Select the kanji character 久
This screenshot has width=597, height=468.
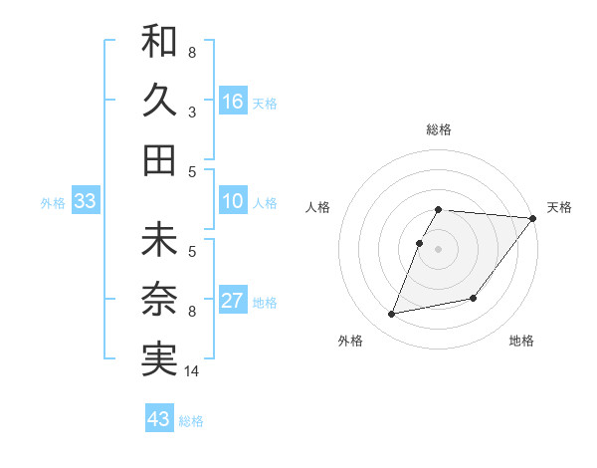pos(159,101)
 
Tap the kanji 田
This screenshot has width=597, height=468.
pos(159,160)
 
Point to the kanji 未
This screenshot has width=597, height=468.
pos(159,240)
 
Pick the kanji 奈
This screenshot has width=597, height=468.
pos(159,300)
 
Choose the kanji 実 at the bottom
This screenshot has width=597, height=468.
pos(159,359)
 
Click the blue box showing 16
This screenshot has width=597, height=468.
pos(233,102)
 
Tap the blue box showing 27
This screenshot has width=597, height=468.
pos(233,302)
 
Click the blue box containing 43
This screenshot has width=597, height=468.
pos(159,419)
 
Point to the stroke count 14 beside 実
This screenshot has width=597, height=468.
pos(192,372)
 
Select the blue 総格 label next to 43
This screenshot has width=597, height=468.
pos(191,421)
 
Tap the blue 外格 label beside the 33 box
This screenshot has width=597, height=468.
pos(53,203)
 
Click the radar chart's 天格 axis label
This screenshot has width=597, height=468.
pos(559,207)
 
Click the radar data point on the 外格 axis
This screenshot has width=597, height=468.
pos(392,315)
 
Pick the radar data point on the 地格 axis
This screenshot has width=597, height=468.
pos(474,298)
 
